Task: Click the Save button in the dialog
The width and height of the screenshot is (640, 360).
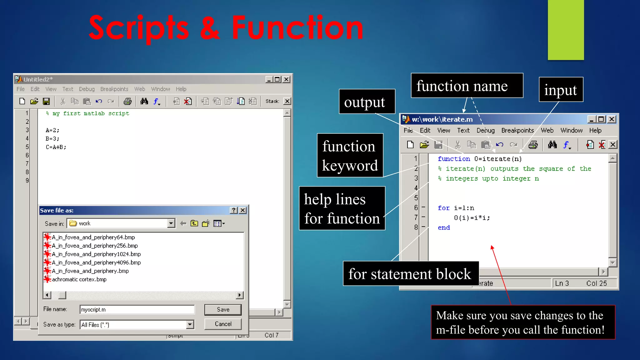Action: pyautogui.click(x=223, y=309)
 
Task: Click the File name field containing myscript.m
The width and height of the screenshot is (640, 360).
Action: pyautogui.click(x=137, y=309)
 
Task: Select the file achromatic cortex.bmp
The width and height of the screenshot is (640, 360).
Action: pyautogui.click(x=79, y=279)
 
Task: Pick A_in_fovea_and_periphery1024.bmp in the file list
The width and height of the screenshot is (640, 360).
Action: pyautogui.click(x=96, y=254)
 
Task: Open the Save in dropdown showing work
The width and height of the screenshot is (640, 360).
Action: pyautogui.click(x=171, y=223)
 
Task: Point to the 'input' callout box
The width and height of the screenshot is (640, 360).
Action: pyautogui.click(x=561, y=90)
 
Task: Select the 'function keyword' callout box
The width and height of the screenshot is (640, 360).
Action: pyautogui.click(x=350, y=155)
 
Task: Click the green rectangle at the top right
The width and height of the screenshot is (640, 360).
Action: pyautogui.click(x=566, y=30)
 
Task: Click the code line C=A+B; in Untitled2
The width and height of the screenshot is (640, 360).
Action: pyautogui.click(x=56, y=147)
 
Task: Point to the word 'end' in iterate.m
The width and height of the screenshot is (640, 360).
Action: pyautogui.click(x=444, y=227)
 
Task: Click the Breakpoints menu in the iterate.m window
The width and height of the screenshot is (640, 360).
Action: pyautogui.click(x=517, y=130)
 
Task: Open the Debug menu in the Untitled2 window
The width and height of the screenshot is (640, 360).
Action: pyautogui.click(x=87, y=89)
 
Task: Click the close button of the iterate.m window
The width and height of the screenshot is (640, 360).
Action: pyautogui.click(x=612, y=119)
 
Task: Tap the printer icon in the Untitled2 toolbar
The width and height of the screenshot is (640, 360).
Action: pyautogui.click(x=127, y=101)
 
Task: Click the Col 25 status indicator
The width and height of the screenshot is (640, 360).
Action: pyautogui.click(x=596, y=283)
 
